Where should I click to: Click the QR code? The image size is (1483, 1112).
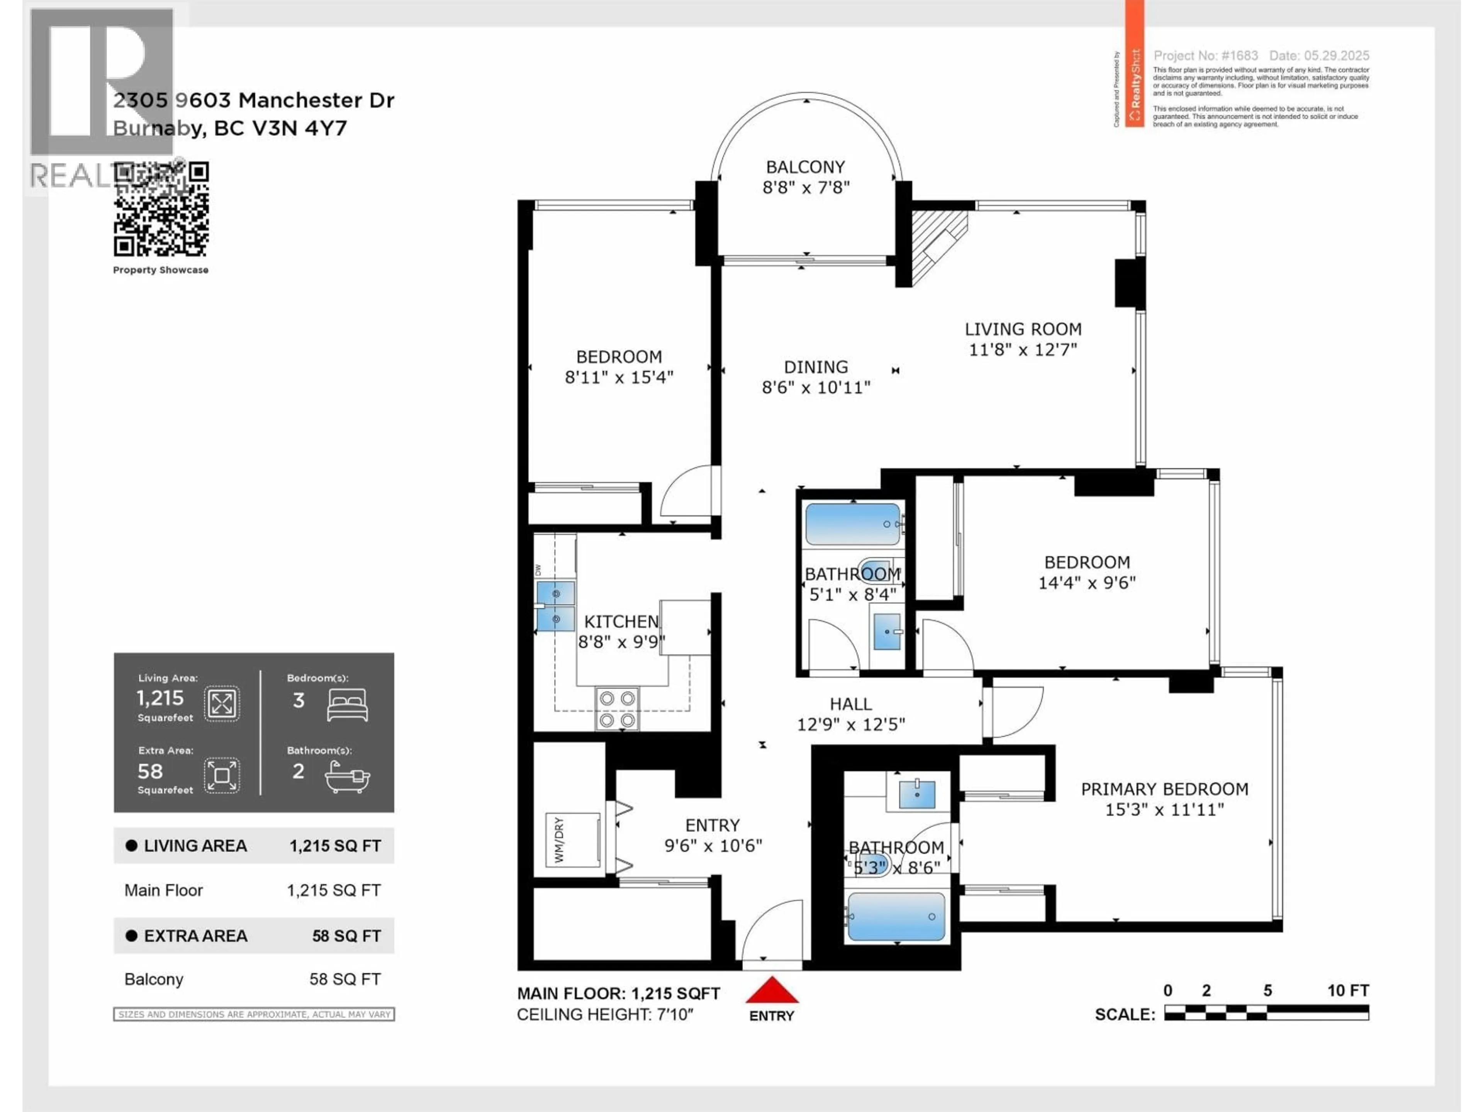pyautogui.click(x=161, y=209)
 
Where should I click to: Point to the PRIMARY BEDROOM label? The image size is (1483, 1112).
pyautogui.click(x=1164, y=789)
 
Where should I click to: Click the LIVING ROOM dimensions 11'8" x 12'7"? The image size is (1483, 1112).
pyautogui.click(x=1022, y=349)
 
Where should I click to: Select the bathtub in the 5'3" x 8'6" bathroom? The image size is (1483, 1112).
pyautogui.click(x=896, y=916)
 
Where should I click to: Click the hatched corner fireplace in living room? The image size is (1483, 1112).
pyautogui.click(x=935, y=241)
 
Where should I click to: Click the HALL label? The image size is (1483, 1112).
pyautogui.click(x=850, y=704)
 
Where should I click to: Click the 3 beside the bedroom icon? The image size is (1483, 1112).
pyautogui.click(x=299, y=700)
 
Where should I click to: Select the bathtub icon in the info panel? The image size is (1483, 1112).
pyautogui.click(x=347, y=778)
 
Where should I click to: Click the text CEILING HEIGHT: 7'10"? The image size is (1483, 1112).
pyautogui.click(x=605, y=1014)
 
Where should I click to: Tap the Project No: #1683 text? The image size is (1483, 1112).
pyautogui.click(x=1205, y=56)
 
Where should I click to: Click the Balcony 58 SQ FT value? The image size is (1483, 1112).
pyautogui.click(x=344, y=979)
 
